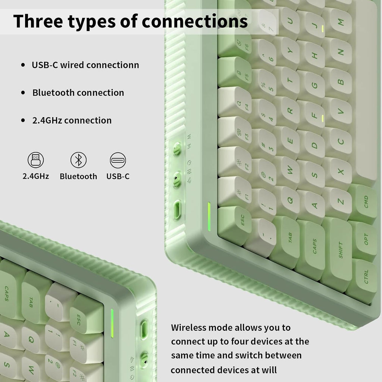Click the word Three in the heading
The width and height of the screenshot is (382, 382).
coord(38,21)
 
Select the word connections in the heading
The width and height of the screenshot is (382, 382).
coord(195,21)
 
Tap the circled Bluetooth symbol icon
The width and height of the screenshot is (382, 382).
coord(78,160)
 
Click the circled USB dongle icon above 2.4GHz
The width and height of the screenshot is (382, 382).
coord(35,160)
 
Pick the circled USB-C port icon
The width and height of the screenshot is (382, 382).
coord(118,160)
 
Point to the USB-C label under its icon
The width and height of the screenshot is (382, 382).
coord(118,176)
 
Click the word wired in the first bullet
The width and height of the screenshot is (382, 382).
coord(72,65)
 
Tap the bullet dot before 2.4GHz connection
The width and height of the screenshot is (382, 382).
coord(23,120)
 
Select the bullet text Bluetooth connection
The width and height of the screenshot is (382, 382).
coord(78,93)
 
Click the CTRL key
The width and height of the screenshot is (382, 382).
coord(363,278)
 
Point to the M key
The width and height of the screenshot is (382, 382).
coord(339,22)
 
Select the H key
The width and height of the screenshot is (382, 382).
coord(313,56)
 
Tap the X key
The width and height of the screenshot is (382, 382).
coord(339,172)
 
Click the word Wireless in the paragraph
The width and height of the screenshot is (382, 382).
coord(188,328)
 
